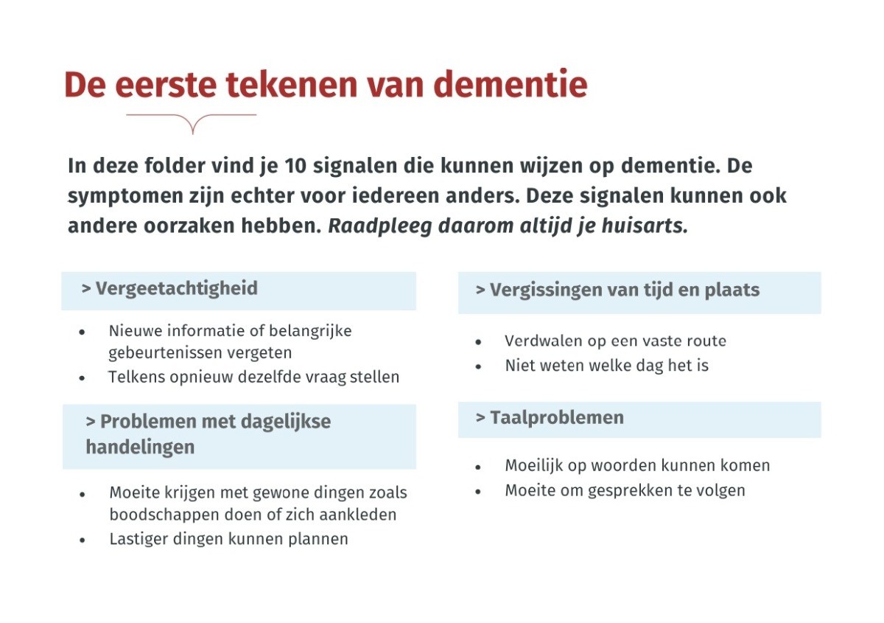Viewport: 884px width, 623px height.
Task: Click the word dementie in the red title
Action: pyautogui.click(x=511, y=84)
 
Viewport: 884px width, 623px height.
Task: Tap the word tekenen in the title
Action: pyautogui.click(x=291, y=84)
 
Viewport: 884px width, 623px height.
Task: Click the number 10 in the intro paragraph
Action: pyautogui.click(x=295, y=166)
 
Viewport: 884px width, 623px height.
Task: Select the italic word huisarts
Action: pyautogui.click(x=645, y=226)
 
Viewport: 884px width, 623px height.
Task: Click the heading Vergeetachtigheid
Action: pyautogui.click(x=176, y=288)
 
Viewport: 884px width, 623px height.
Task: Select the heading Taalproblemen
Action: pyautogui.click(x=557, y=417)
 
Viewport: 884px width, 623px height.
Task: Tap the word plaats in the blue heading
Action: pyautogui.click(x=732, y=290)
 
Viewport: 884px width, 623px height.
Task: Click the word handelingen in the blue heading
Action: pyautogui.click(x=140, y=448)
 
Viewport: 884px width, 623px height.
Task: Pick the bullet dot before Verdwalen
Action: pyautogui.click(x=478, y=341)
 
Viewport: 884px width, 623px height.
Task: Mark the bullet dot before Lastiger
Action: pyautogui.click(x=82, y=540)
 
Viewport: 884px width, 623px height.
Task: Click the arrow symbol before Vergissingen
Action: pyautogui.click(x=480, y=290)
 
